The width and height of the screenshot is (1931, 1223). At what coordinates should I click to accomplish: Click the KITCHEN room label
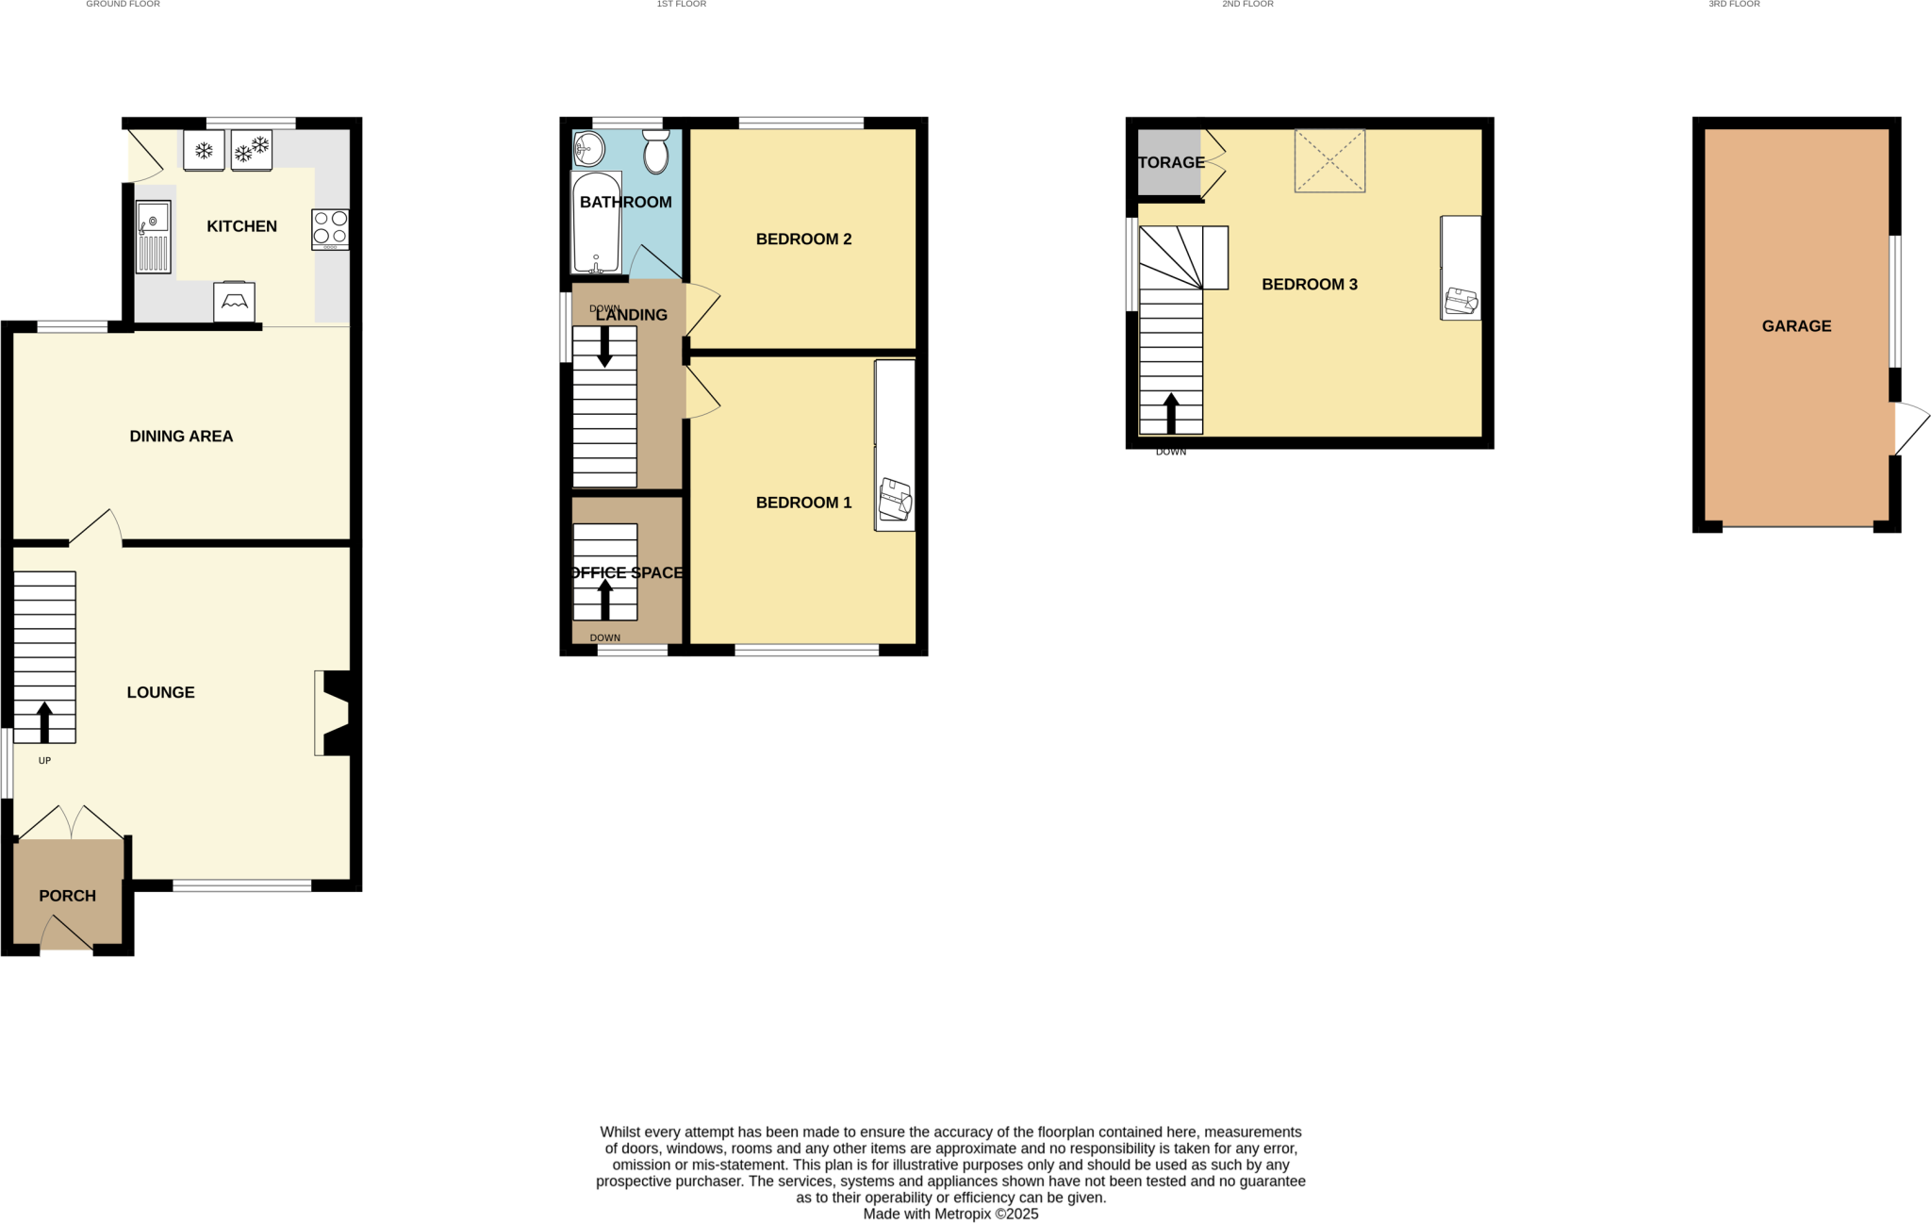coord(241,226)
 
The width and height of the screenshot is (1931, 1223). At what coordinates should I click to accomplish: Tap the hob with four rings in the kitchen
coord(330,228)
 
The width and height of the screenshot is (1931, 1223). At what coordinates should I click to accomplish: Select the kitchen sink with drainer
coord(153,237)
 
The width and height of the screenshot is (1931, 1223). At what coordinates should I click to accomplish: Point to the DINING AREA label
coord(181,437)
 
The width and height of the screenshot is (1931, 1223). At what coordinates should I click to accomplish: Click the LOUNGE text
coord(160,693)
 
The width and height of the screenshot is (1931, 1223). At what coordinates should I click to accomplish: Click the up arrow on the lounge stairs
coord(44,722)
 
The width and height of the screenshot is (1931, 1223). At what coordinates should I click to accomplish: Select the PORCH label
coord(67,896)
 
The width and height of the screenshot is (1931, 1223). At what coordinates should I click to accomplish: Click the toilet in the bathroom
coord(656,152)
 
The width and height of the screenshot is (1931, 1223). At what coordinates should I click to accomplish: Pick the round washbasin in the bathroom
coord(589,148)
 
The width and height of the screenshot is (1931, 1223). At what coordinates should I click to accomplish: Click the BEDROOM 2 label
coord(803,240)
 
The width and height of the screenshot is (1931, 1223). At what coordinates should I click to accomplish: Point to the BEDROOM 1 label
coord(803,504)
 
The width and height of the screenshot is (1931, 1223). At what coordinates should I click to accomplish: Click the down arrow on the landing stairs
coord(604,347)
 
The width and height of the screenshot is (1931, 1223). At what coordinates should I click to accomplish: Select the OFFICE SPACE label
coord(627,573)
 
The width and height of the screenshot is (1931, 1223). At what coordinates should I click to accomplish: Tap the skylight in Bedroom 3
coord(1329,161)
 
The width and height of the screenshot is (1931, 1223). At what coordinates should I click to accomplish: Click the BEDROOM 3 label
coord(1309,285)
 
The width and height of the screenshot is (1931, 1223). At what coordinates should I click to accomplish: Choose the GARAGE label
coord(1796,326)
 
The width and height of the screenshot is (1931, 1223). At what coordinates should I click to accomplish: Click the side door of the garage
coord(1910,429)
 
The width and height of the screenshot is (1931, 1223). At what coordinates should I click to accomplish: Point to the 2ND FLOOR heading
coord(1247,5)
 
